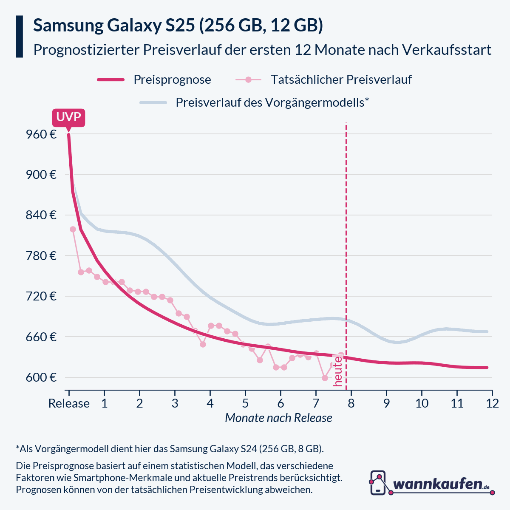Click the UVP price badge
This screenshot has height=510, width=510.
tap(68, 117)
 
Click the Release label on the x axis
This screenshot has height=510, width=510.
tap(69, 403)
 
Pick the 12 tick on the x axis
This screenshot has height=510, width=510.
tap(492, 403)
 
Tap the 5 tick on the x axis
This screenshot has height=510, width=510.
tap(245, 403)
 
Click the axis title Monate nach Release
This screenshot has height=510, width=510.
tap(278, 418)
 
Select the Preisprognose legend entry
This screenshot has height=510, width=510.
tap(172, 79)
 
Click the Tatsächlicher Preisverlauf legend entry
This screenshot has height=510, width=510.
tap(341, 79)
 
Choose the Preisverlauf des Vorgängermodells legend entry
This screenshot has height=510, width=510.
tap(272, 102)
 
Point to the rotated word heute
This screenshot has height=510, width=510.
tap(338, 371)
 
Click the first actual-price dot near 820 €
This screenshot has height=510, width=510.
tap(73, 229)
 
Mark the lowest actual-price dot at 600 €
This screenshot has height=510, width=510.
tap(325, 378)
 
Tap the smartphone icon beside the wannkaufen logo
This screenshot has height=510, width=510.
tap(378, 482)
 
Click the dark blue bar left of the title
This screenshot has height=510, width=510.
tap(19, 37)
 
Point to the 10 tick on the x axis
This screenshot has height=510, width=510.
tap(422, 403)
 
